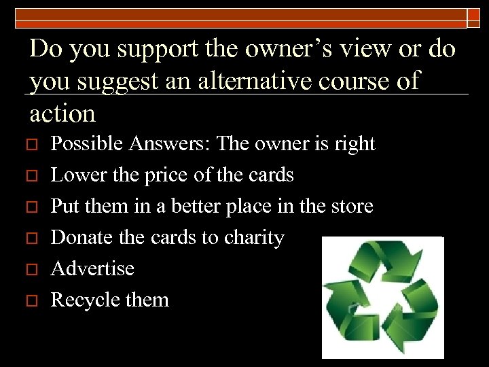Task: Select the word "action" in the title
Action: coord(63,113)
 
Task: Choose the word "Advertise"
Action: coord(93,268)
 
